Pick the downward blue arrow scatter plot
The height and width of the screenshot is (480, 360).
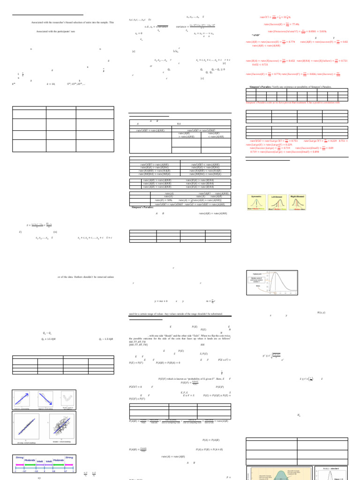coord(48,400)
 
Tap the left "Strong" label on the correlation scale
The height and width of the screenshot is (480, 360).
coord(19,457)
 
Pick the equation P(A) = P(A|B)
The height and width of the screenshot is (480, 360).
coord(211,440)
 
